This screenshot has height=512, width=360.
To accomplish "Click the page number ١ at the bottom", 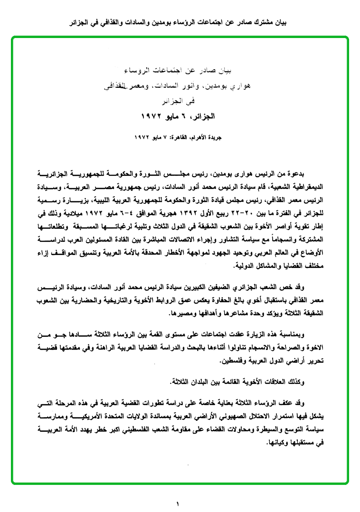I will (178, 503).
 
